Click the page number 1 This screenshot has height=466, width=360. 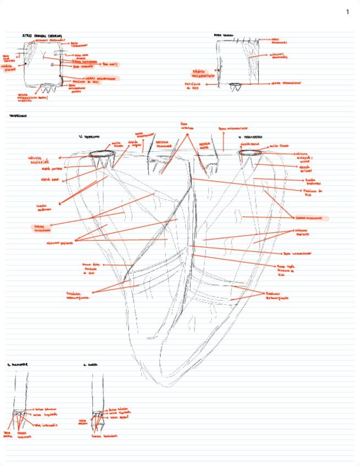pos(347,12)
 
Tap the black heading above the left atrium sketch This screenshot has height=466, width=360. pos(223,35)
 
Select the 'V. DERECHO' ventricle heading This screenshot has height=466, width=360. pos(88,136)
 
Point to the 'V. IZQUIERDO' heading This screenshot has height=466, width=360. pos(250,136)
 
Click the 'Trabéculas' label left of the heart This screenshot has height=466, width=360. pos(79,295)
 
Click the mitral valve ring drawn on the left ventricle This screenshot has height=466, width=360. pos(253,153)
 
